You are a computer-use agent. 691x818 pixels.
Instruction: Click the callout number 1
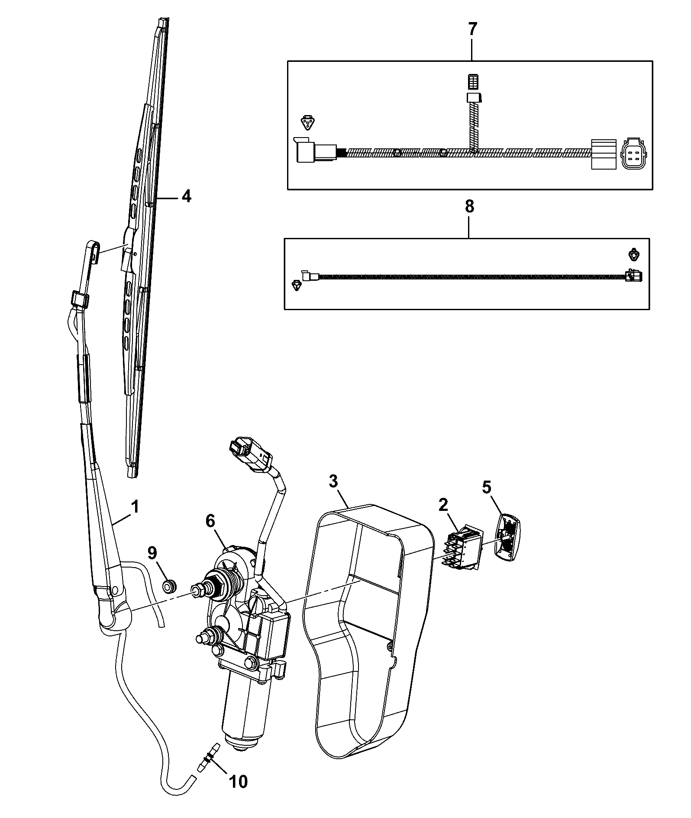(x=135, y=507)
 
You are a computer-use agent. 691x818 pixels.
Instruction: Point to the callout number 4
(x=185, y=196)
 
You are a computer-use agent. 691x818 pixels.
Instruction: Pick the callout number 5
(x=487, y=488)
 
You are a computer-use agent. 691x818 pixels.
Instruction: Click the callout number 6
(x=210, y=522)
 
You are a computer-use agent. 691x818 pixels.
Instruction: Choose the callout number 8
(x=469, y=207)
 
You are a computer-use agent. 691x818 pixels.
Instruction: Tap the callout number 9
(x=164, y=552)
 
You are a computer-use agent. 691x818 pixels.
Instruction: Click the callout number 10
(x=239, y=781)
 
